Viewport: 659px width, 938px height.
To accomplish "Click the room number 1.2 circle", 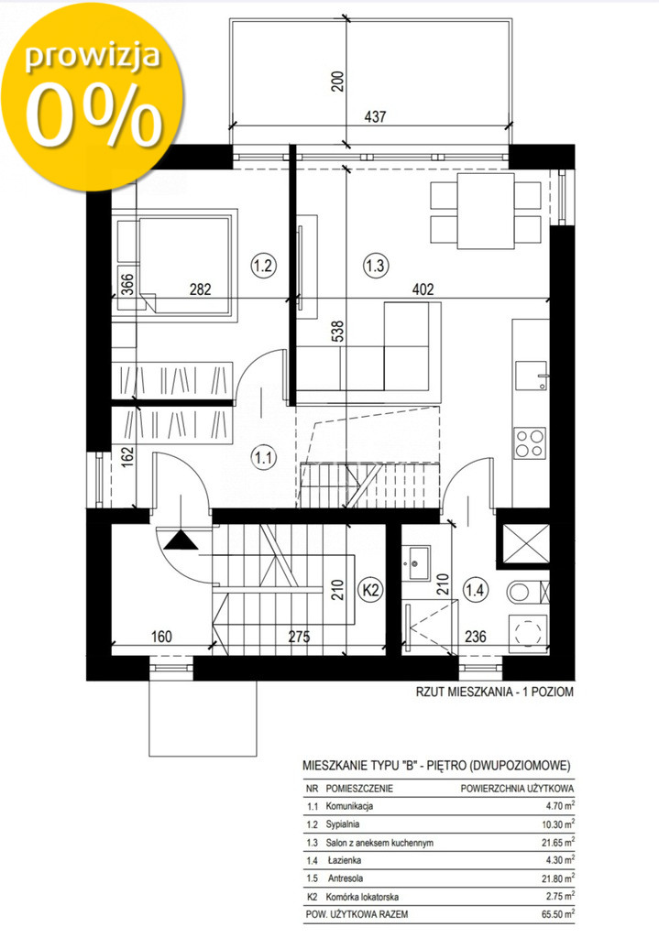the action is click(263, 265).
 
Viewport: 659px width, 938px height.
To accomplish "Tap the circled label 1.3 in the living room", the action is click(375, 265).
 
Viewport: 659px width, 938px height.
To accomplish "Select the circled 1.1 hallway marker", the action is click(263, 458).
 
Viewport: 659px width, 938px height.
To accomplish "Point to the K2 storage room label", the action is click(371, 590).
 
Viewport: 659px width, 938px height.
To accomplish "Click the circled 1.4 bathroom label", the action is click(476, 591).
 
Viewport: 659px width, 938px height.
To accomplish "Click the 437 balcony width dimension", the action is click(375, 116).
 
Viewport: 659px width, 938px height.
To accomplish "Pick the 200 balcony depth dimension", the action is click(338, 82).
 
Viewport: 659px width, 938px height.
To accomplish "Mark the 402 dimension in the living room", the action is click(423, 289).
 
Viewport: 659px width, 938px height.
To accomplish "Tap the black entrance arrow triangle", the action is click(181, 540).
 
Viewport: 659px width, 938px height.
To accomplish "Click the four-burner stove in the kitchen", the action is click(530, 443).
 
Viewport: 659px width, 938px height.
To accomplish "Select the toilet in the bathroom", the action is click(528, 593).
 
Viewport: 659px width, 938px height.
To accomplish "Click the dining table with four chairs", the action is click(486, 211).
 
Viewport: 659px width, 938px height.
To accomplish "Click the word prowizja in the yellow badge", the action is click(93, 56).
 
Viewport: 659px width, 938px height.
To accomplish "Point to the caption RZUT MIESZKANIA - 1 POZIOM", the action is click(494, 693).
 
